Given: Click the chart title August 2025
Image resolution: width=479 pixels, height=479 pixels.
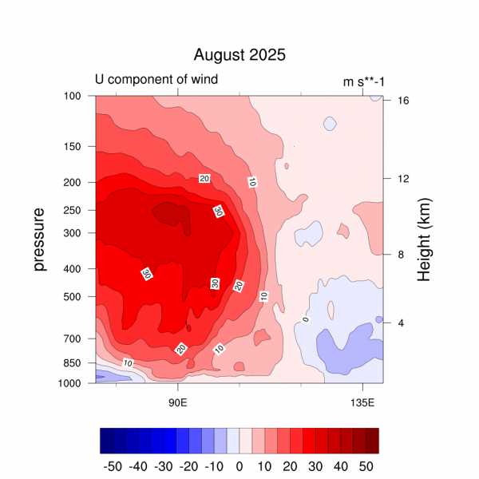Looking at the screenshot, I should click(239, 55).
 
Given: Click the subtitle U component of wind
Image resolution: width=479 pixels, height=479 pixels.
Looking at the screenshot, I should click(156, 79).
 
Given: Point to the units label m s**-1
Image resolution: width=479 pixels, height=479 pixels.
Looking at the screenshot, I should click(362, 81).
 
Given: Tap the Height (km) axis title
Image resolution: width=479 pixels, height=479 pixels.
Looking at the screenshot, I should click(424, 239).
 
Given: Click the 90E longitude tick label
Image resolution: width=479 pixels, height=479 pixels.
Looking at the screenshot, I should click(177, 400).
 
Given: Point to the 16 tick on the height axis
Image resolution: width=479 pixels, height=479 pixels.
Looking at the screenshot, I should click(404, 101).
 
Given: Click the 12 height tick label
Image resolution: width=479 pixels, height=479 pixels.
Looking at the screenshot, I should click(404, 178).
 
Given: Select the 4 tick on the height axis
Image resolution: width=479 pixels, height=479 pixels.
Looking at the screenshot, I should click(401, 323).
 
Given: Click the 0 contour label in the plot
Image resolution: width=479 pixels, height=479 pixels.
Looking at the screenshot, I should click(305, 320).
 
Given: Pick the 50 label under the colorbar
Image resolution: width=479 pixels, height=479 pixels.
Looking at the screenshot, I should click(366, 465).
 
